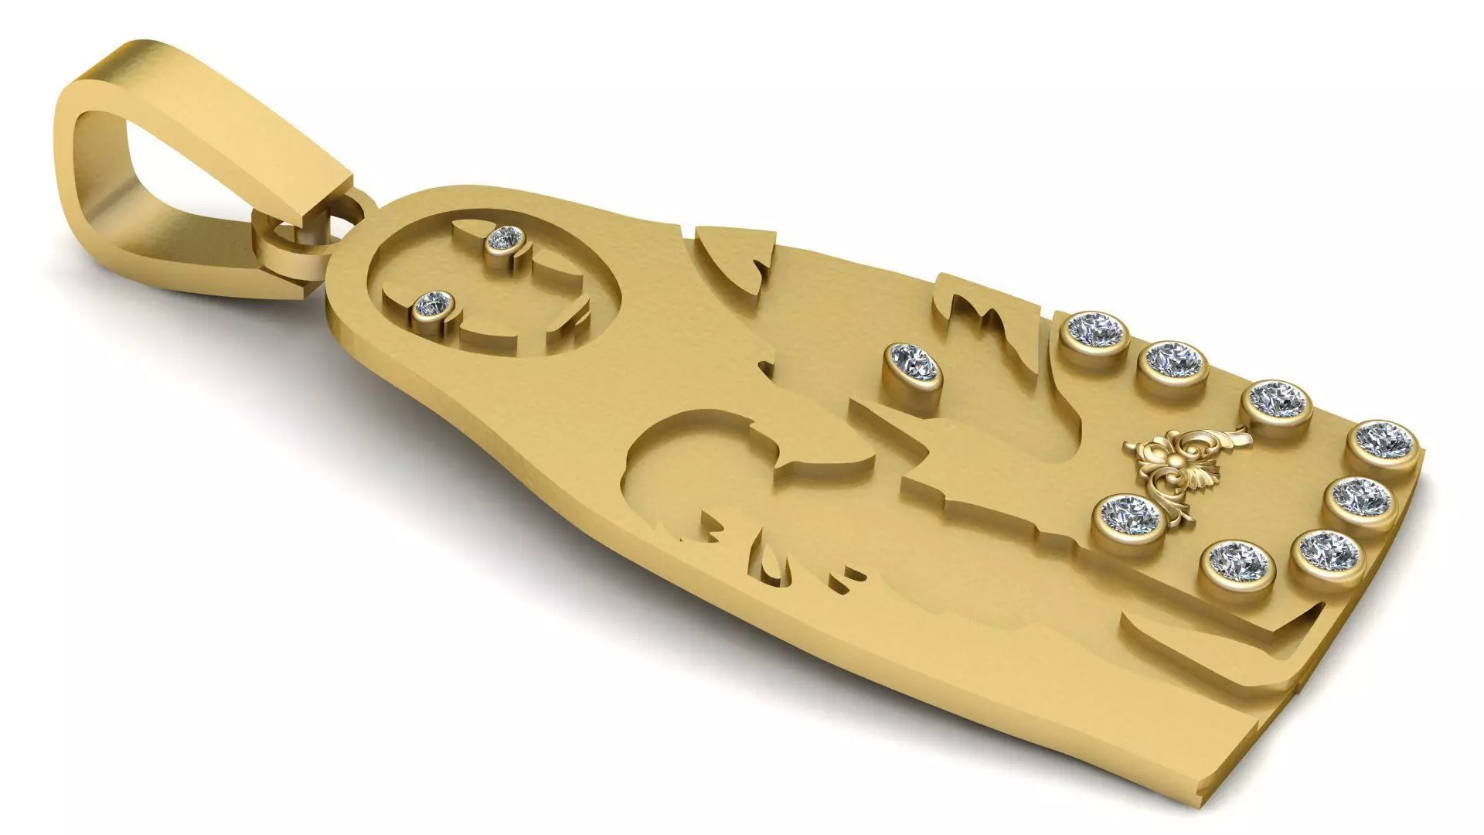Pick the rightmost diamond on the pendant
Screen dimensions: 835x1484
(x=1384, y=440)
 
